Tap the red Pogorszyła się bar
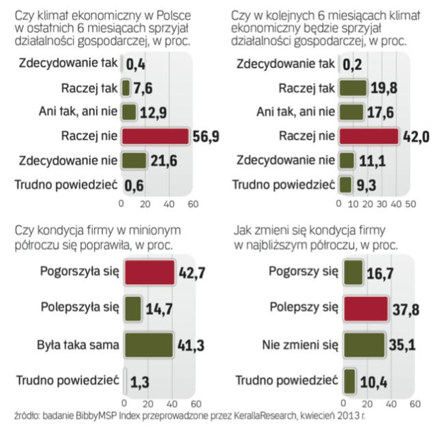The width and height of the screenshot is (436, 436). click(x=147, y=273)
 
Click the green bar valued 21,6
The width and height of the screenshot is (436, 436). click(x=134, y=161)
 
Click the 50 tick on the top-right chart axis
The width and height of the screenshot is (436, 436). click(x=411, y=204)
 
